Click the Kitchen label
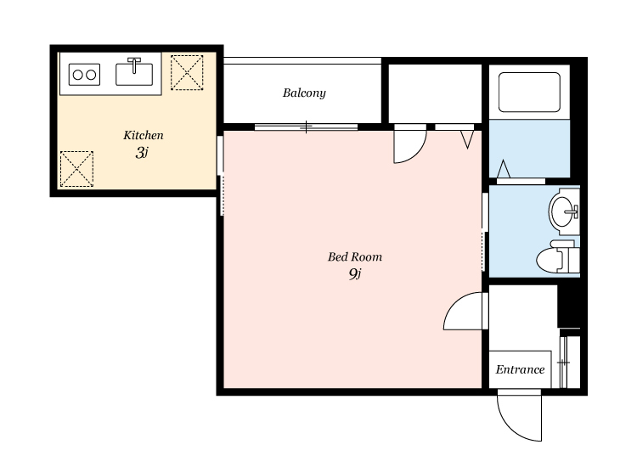tap(144, 135)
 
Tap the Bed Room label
tap(355, 256)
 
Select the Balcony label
tap(304, 93)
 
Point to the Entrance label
tap(520, 369)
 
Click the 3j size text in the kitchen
tap(142, 153)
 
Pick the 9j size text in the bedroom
tap(355, 274)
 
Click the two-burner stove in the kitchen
tap(84, 75)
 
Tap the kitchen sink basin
tap(134, 75)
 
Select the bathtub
tap(529, 93)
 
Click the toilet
tap(557, 257)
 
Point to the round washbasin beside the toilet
tap(563, 211)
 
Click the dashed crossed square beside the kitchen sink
tap(187, 73)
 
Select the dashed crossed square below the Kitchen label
tap(76, 169)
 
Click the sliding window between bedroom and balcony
tap(306, 127)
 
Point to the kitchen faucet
tap(134, 65)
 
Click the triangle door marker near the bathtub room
tap(504, 168)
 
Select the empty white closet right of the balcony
tap(435, 93)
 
